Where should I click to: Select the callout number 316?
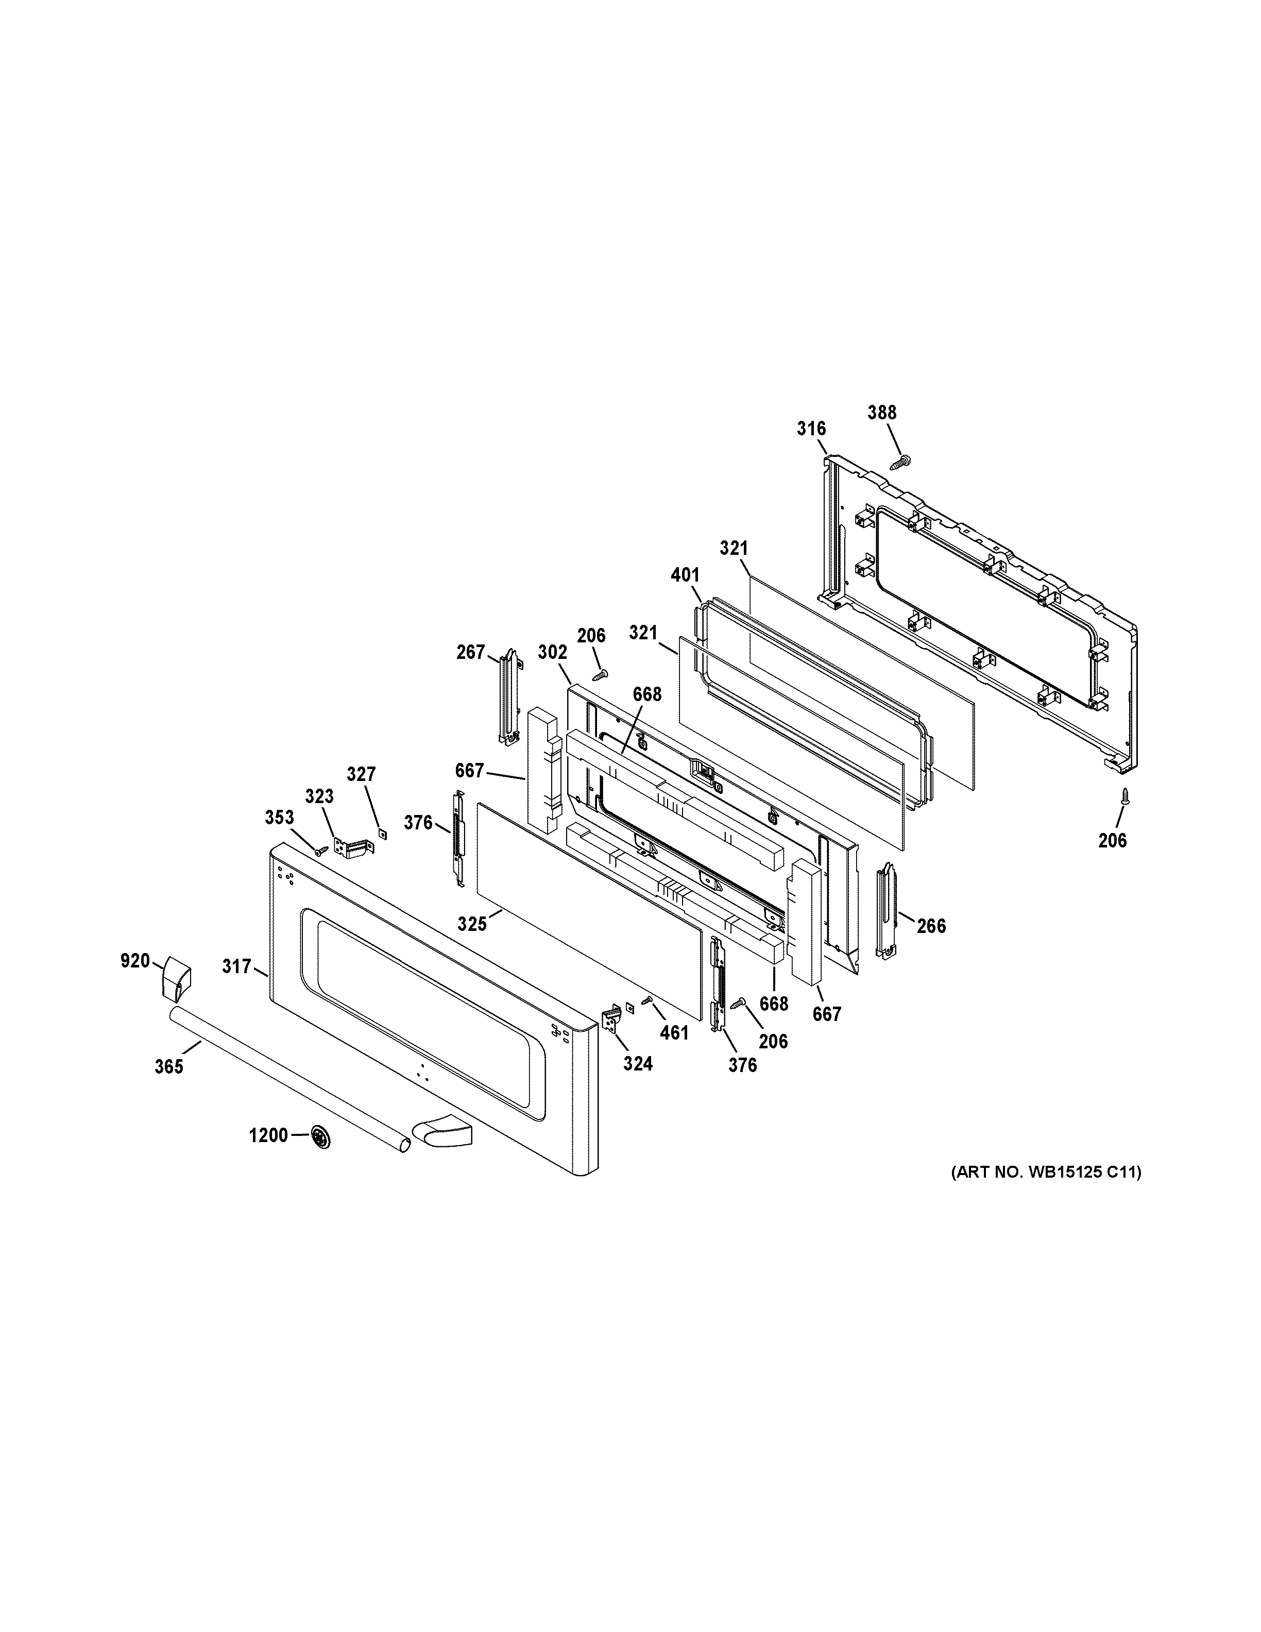click(811, 429)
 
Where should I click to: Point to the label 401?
click(685, 575)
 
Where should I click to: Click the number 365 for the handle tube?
click(169, 1066)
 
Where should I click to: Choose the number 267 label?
click(471, 652)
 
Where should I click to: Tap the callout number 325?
click(472, 924)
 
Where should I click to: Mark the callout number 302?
click(553, 652)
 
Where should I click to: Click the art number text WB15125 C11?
click(1046, 1172)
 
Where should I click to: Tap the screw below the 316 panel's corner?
click(1123, 797)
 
